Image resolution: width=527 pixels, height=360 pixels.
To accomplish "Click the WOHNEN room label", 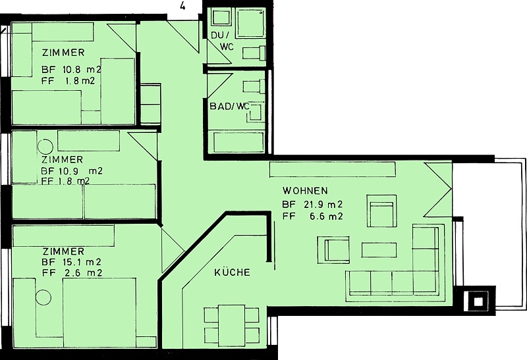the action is tap(305, 191).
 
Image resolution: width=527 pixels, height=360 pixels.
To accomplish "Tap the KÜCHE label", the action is tap(233, 272).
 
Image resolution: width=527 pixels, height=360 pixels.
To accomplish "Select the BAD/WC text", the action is tap(229, 107).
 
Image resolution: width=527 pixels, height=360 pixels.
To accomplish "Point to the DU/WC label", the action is tap(222, 41).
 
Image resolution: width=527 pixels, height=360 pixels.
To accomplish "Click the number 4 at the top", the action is tap(182, 7).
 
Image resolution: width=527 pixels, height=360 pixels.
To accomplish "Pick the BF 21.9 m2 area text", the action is tap(312, 204).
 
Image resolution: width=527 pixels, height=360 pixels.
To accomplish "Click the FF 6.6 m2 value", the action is tap(312, 217).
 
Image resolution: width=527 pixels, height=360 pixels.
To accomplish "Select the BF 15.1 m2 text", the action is tap(72, 261).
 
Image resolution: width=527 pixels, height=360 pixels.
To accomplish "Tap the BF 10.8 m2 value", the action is tap(71, 70).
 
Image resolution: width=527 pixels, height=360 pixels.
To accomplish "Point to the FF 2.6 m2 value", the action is tap(72, 273).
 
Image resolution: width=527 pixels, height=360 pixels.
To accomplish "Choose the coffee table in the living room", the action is tap(379, 250).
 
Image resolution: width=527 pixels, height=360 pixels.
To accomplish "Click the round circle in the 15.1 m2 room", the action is tap(43, 297).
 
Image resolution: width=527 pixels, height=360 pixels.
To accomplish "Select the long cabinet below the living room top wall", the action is tap(333, 170).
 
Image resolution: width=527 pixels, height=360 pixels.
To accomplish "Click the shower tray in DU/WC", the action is tap(250, 23).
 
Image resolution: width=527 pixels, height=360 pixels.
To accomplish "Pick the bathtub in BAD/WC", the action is tap(239, 142).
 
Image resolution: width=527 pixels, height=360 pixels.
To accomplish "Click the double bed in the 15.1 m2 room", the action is tap(99, 313).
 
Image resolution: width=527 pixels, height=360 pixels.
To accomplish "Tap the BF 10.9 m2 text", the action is tap(72, 171).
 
